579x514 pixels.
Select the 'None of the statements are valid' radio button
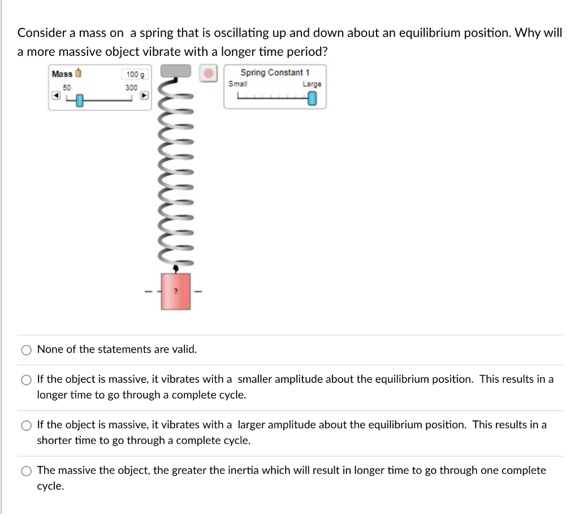(26, 350)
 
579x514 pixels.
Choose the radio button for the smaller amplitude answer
(26, 380)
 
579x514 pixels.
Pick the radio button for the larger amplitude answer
(26, 425)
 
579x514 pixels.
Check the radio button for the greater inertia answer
(26, 471)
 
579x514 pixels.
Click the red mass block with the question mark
(176, 291)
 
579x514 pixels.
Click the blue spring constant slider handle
(313, 99)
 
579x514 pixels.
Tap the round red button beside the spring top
(209, 73)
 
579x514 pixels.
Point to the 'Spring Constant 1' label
(275, 72)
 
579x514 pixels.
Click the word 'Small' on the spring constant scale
(237, 84)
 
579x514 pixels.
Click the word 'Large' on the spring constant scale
(312, 84)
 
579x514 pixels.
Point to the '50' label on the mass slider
(67, 88)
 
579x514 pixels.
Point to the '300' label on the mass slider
(131, 88)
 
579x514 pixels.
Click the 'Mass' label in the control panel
(62, 74)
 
